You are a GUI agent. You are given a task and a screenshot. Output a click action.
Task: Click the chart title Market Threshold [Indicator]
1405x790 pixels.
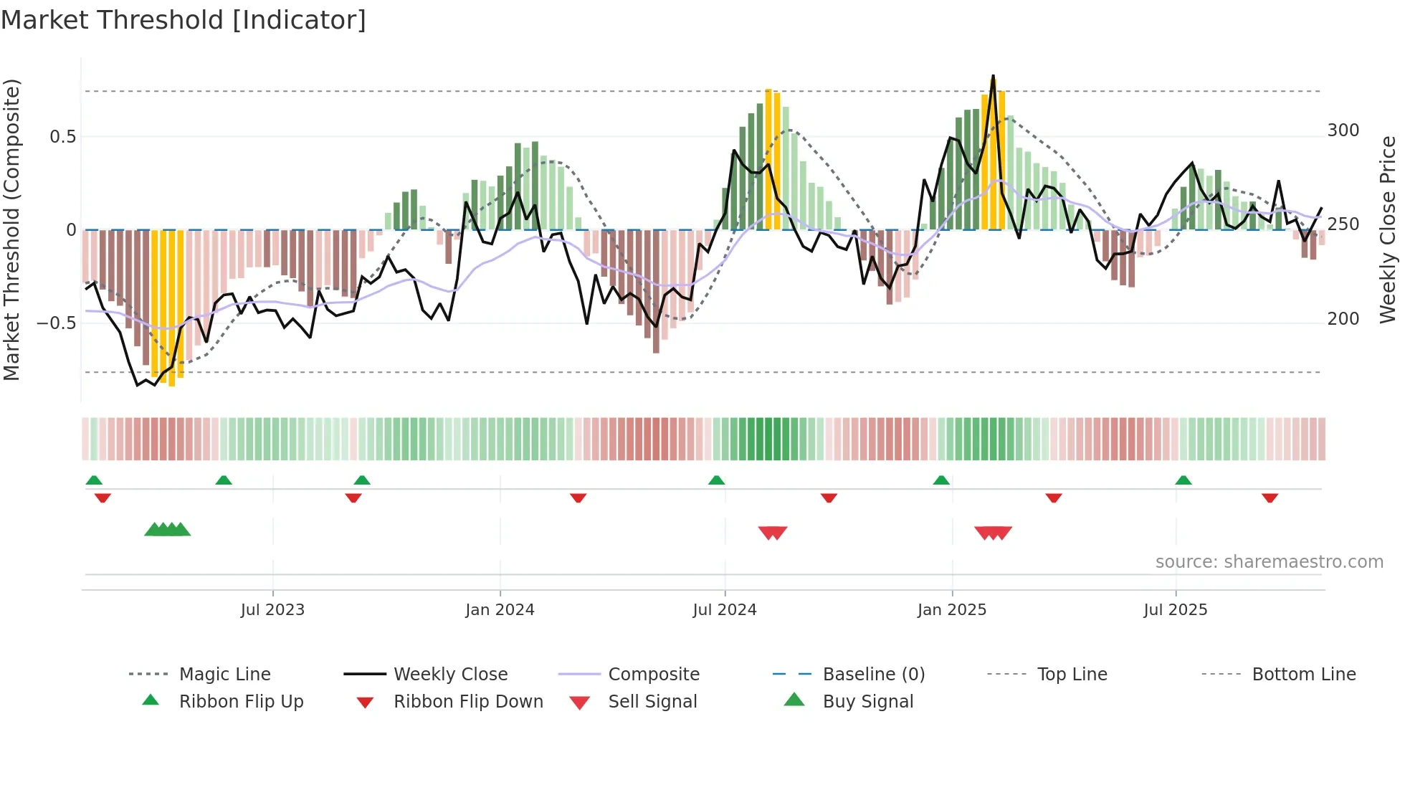[184, 20]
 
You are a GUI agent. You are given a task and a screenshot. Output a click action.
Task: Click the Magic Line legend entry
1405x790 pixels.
[224, 675]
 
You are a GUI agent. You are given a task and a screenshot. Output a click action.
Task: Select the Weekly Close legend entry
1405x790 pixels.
[450, 675]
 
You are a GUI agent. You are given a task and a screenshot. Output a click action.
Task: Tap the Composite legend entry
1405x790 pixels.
[653, 675]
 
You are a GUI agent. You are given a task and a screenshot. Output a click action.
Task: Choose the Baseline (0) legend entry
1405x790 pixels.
[873, 675]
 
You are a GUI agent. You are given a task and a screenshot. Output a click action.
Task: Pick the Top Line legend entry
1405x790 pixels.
[1072, 675]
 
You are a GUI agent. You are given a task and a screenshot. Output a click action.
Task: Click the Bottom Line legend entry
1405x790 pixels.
[1303, 675]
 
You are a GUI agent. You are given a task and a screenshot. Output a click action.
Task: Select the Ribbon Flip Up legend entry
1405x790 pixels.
[241, 702]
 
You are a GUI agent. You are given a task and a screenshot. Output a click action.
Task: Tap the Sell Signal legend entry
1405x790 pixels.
[652, 702]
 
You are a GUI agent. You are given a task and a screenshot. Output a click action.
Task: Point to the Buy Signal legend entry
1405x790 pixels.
[867, 702]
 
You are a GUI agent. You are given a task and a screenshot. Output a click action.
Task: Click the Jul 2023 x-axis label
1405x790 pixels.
[272, 610]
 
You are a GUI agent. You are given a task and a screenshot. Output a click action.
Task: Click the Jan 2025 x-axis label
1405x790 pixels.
[952, 610]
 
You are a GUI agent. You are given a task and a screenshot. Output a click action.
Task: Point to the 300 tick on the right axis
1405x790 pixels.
[1343, 130]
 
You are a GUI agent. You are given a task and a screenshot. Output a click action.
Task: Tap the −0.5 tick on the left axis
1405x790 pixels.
[57, 323]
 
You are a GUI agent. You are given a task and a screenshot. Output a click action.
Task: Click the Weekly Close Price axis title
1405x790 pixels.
[1388, 229]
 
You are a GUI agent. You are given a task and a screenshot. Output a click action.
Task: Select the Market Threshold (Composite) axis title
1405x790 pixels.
[11, 229]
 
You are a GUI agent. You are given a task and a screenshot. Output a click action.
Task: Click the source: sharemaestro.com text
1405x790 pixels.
[1269, 562]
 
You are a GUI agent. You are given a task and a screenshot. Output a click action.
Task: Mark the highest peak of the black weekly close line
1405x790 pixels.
[993, 76]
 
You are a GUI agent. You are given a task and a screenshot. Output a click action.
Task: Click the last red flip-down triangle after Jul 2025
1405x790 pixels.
[1270, 498]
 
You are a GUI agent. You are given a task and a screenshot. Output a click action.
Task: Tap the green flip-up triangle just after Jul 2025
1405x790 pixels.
[1183, 480]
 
